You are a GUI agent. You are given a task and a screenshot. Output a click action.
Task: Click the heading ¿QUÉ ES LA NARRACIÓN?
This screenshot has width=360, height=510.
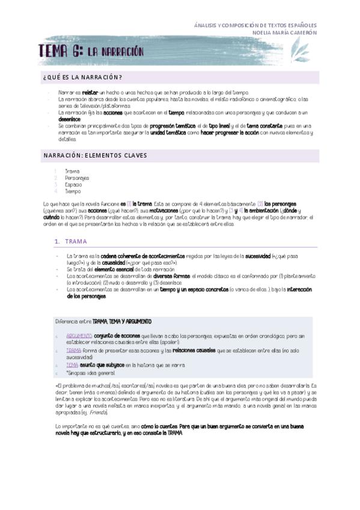click(83, 77)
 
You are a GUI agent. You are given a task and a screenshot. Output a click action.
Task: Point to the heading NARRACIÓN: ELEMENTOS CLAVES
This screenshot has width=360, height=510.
click(95, 155)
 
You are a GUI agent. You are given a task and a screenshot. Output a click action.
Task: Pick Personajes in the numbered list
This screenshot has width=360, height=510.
click(77, 178)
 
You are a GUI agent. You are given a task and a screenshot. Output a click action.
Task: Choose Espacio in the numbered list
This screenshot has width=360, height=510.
click(73, 185)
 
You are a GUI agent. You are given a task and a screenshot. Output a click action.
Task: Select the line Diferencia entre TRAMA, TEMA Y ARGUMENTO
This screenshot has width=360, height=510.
click(103, 322)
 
